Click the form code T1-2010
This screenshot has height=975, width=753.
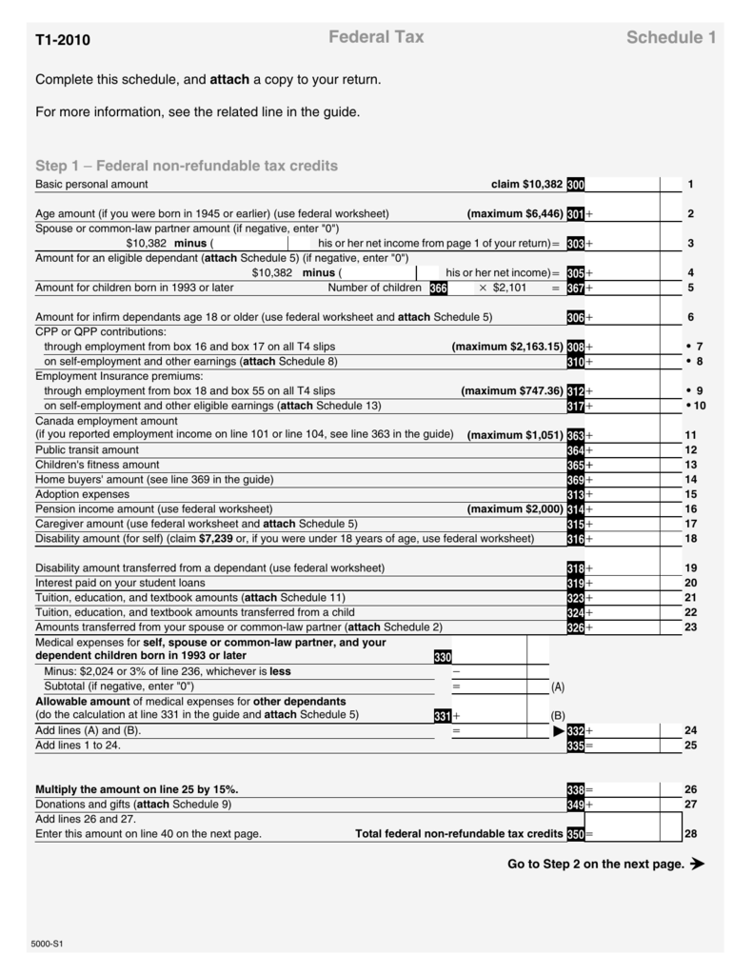tap(63, 40)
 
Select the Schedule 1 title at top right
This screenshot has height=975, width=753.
tap(670, 38)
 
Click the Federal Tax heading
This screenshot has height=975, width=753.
tap(376, 37)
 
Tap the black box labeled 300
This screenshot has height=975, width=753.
tap(575, 185)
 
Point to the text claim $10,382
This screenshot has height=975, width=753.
tap(526, 184)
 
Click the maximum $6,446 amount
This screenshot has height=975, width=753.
tap(515, 214)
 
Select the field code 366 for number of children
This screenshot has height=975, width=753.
tap(438, 288)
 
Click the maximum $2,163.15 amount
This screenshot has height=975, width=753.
tap(507, 347)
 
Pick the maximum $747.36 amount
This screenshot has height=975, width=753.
tap(512, 390)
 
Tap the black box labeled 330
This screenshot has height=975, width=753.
tap(442, 657)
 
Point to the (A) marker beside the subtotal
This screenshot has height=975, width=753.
tap(558, 686)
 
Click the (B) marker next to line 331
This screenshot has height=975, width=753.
tap(558, 716)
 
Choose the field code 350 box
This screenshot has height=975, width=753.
tap(575, 834)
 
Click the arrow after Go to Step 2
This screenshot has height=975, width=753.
tap(697, 865)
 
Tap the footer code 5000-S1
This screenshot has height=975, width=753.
tap(50, 945)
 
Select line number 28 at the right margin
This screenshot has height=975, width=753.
tap(690, 834)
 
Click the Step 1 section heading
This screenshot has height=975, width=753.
tap(187, 166)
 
